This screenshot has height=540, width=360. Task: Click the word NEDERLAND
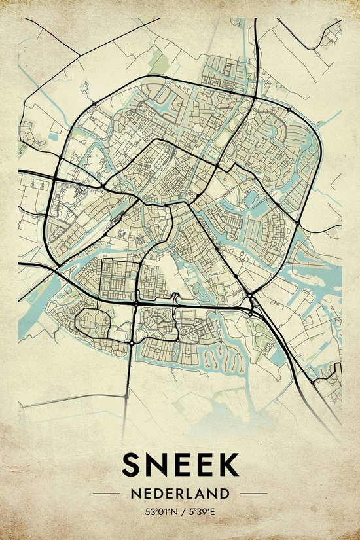point(180,493)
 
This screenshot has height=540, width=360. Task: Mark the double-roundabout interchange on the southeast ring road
point(251,305)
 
